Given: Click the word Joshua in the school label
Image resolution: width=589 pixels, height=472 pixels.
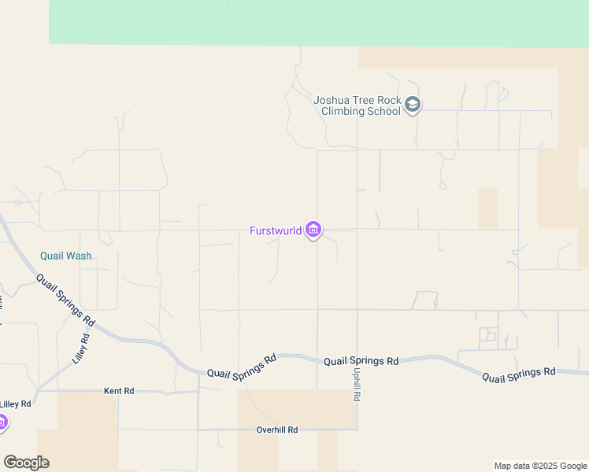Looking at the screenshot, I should (x=332, y=100).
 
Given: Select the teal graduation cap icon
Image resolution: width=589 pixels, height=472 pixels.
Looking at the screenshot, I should (x=413, y=105).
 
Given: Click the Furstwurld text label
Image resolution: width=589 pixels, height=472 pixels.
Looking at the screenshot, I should (x=275, y=230).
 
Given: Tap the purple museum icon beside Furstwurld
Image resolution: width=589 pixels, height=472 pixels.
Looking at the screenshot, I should (x=313, y=230).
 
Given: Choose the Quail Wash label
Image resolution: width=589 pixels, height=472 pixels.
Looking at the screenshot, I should (x=66, y=256).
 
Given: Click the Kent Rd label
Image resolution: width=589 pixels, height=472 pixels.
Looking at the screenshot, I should (x=119, y=390).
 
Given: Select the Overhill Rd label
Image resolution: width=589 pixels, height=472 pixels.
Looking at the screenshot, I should (x=277, y=430).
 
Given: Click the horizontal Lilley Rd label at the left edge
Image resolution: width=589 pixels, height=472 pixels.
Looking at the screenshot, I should (x=16, y=404).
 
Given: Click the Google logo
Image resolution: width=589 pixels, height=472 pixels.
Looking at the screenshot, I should (x=26, y=463).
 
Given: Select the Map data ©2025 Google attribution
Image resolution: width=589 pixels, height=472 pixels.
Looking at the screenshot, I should (x=540, y=466).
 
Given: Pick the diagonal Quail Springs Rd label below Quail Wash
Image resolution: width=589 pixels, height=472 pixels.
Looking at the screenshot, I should (x=66, y=297).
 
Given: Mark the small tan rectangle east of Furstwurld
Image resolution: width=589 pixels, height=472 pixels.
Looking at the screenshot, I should (x=487, y=208).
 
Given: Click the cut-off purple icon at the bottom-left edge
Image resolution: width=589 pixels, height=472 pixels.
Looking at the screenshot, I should (x=2, y=423).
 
